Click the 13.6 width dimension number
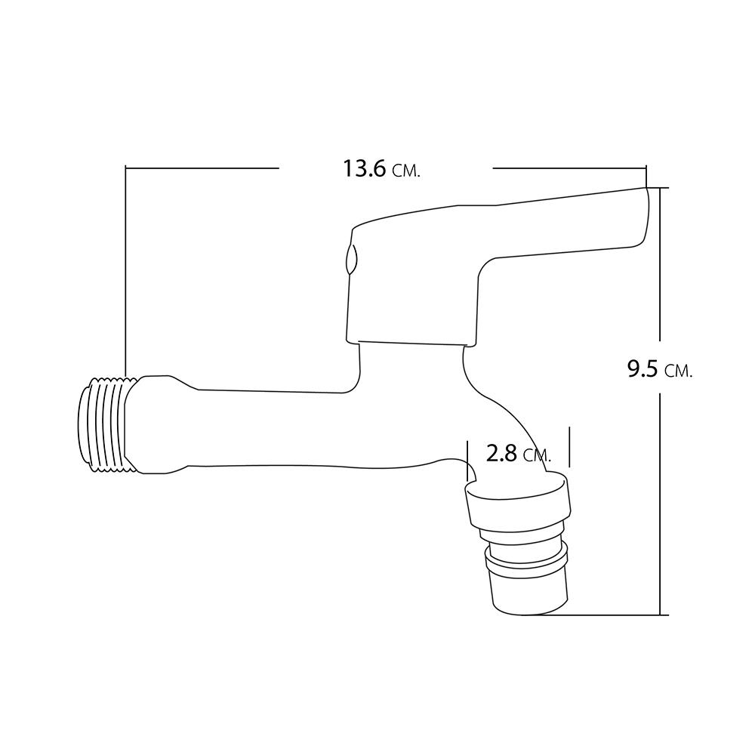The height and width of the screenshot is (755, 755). coord(364,169)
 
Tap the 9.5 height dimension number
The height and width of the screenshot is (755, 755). coord(643,369)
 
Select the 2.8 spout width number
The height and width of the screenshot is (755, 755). coord(501,454)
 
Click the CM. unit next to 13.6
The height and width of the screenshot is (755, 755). coord(407,171)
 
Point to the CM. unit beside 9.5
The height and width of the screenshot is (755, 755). coord(679,371)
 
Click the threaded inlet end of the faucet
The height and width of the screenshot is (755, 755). coord(102,424)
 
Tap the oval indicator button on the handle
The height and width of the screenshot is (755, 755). coord(350,260)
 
